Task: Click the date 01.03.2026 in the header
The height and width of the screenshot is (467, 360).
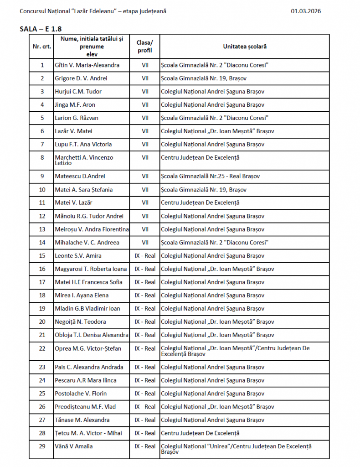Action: (305, 11)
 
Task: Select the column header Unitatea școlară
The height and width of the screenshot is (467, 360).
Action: (245, 47)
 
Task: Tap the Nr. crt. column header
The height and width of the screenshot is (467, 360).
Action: (42, 47)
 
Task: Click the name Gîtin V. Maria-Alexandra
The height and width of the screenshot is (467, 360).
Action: (87, 65)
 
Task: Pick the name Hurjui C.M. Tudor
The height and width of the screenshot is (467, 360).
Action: (78, 92)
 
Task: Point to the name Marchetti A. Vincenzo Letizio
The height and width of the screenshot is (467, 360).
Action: (84, 160)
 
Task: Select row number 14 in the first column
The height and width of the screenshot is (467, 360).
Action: (42, 242)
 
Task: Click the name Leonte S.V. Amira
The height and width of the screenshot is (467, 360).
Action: (78, 256)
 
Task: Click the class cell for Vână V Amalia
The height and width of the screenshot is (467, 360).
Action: (145, 446)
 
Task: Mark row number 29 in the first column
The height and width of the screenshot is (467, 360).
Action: (42, 446)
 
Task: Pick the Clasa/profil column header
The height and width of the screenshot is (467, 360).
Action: (145, 47)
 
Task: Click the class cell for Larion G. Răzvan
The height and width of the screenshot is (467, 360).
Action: (145, 118)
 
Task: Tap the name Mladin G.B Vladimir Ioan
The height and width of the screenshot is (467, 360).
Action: (87, 309)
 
